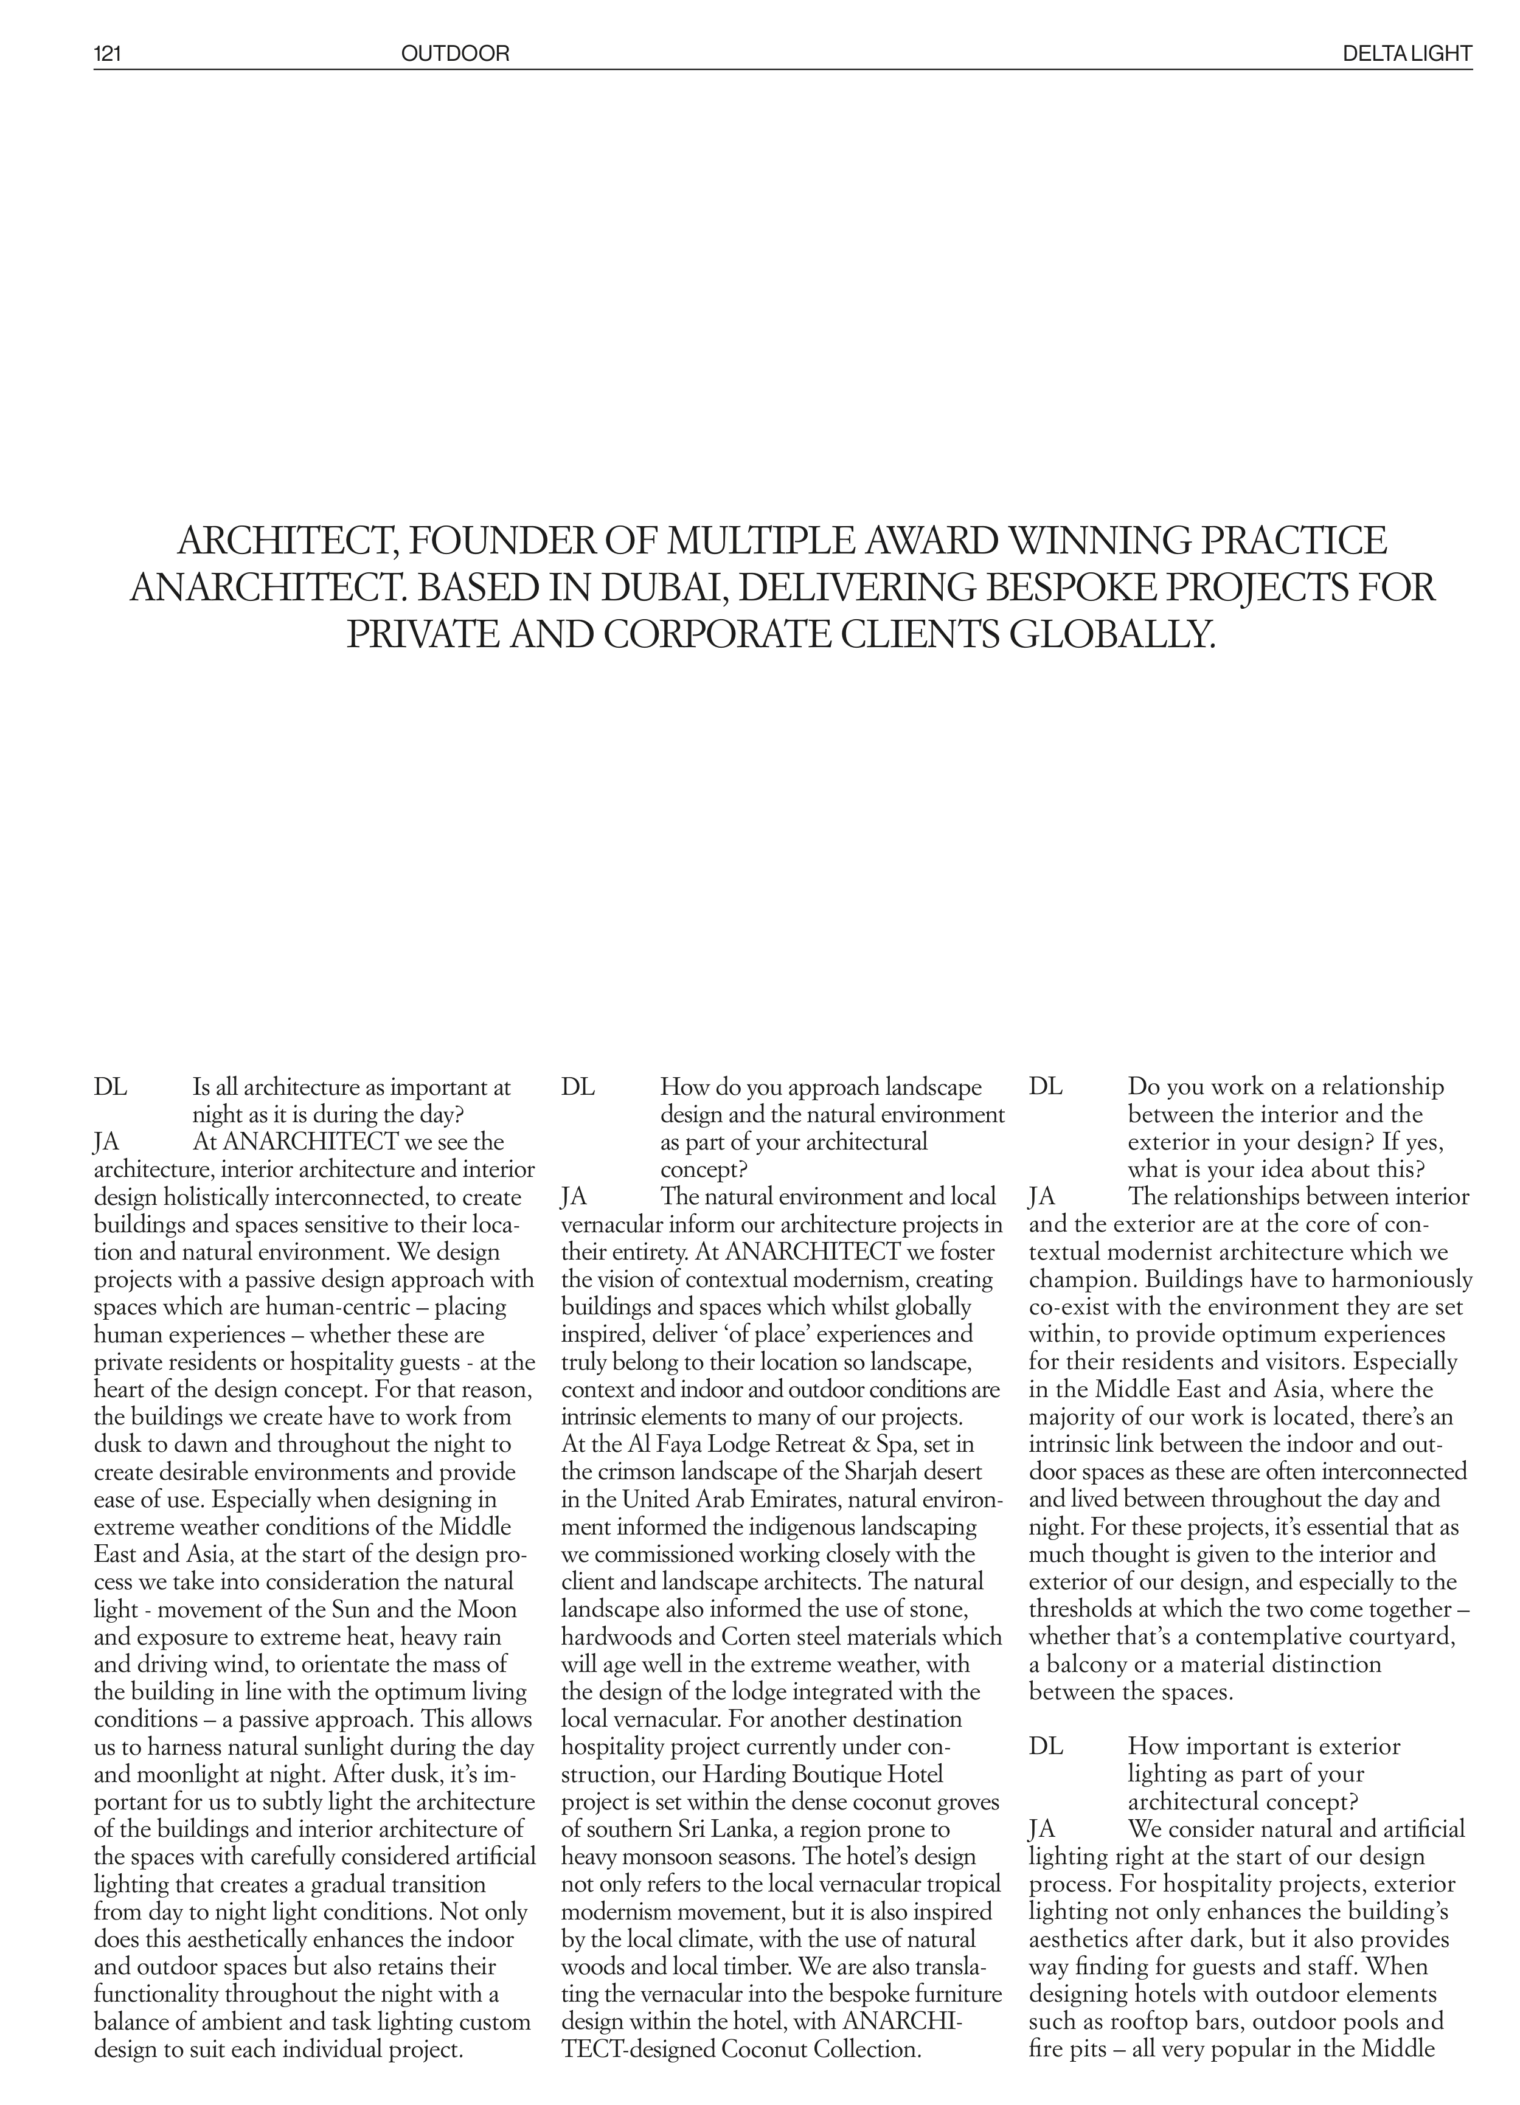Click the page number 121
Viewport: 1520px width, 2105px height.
tap(108, 54)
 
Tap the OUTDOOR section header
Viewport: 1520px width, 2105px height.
tap(455, 54)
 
